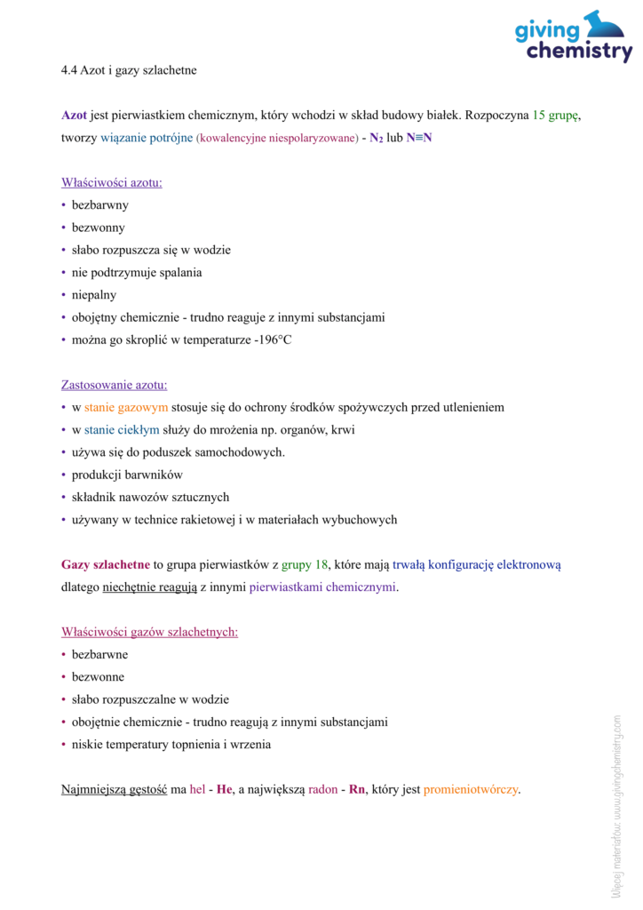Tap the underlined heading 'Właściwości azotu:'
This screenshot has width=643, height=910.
[112, 183]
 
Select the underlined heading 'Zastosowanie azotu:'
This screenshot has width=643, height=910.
[114, 386]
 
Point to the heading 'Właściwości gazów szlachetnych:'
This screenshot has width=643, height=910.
[149, 633]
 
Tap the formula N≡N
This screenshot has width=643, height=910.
[419, 139]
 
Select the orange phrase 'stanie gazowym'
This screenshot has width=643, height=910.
[126, 408]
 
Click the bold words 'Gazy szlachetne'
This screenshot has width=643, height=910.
[105, 565]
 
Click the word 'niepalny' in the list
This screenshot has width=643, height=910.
[94, 295]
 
